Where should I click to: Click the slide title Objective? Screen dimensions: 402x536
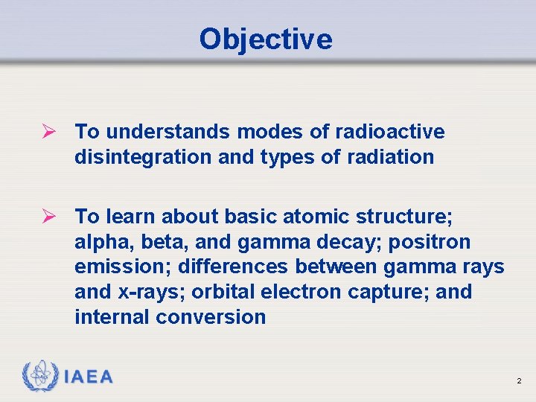[x=266, y=39]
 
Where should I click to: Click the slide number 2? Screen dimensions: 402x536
[x=519, y=381]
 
